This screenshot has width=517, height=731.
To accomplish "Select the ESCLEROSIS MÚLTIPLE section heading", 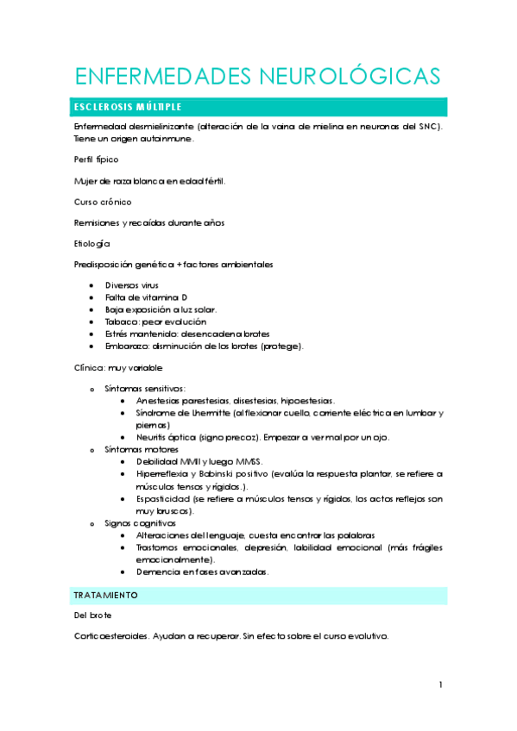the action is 128,108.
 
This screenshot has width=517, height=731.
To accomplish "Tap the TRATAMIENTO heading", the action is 106,596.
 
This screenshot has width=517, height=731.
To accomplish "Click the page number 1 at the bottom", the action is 440,684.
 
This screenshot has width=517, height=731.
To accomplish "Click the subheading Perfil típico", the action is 96,159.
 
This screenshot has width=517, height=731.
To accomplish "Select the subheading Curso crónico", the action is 103,202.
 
